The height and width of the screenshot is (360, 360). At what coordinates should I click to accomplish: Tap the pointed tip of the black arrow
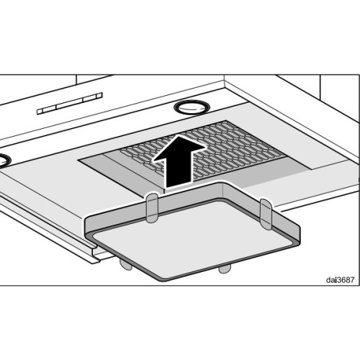point(179,135)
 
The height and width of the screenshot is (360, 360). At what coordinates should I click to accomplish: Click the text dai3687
point(340,280)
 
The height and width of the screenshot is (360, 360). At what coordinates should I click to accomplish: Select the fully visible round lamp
point(192,107)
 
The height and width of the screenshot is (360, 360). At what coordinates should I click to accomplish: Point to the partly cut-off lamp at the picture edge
point(4,161)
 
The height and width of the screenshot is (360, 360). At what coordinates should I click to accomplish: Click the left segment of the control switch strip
point(47,110)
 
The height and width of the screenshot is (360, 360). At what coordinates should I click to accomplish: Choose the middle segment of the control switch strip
point(70,103)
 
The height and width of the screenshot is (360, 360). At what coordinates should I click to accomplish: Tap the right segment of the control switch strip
point(93,96)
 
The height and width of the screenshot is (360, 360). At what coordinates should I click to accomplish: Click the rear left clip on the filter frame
point(152,207)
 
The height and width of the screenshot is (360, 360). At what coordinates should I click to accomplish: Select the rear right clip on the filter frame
point(266,214)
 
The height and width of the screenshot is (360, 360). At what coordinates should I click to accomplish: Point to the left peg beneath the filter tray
point(126,264)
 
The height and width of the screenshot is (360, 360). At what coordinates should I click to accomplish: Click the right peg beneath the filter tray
point(225,269)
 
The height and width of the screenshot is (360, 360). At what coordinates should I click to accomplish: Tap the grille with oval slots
point(204,150)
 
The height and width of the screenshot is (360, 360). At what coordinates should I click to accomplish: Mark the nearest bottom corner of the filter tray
point(165,280)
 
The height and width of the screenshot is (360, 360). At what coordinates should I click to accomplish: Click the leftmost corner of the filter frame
point(86,225)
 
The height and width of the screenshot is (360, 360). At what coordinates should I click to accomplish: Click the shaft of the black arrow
point(179,171)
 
